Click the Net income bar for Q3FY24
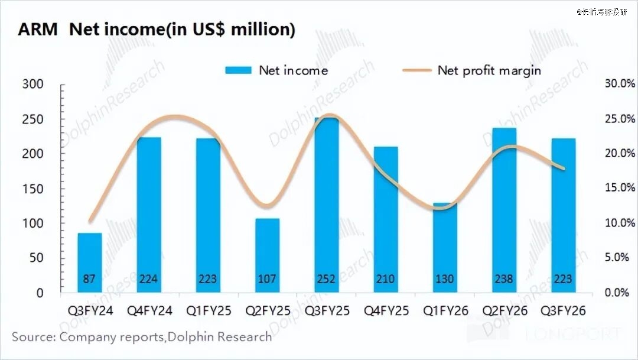pyautogui.click(x=90, y=260)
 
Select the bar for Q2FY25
pyautogui.click(x=267, y=254)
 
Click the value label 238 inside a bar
pyautogui.click(x=504, y=279)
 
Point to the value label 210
pyautogui.click(x=386, y=279)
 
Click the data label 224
pyautogui.click(x=149, y=279)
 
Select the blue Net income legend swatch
pyautogui.click(x=239, y=70)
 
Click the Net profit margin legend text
pyautogui.click(x=489, y=70)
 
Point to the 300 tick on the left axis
pyautogui.click(x=32, y=84)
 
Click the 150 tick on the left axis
pyautogui.click(x=32, y=189)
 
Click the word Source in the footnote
pyautogui.click(x=33, y=337)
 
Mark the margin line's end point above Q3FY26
pyautogui.click(x=564, y=168)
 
